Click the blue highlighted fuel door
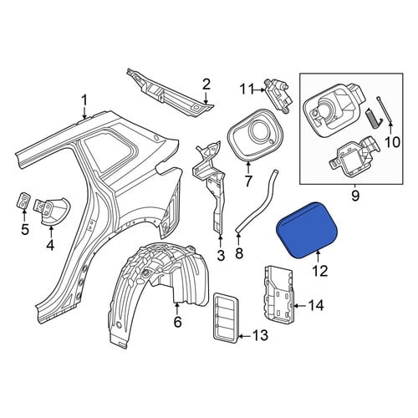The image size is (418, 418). point(307,230)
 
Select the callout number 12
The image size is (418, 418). point(319,270)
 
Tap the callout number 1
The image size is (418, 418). point(84,101)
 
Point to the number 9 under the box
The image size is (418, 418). point(355,196)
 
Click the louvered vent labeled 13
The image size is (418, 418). point(227,318)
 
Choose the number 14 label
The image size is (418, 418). point(315,305)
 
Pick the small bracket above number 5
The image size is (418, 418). point(23,201)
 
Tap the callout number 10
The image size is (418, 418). point(393,142)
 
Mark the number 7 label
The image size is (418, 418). point(247,181)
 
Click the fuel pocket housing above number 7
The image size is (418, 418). point(255,135)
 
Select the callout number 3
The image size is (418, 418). point(221,255)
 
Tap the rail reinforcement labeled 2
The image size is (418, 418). point(170,94)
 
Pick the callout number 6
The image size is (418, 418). point(177,321)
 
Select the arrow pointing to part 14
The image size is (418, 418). point(300,306)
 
